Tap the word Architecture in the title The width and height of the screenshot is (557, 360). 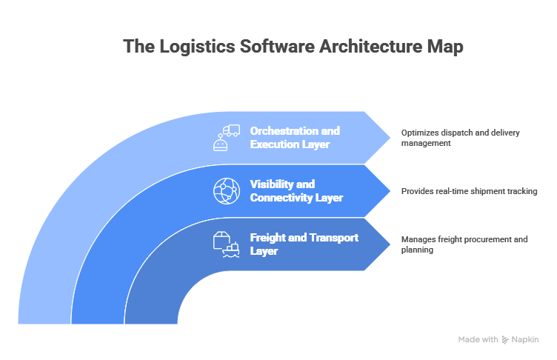coord(367,46)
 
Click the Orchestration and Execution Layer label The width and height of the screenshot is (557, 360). coord(295,137)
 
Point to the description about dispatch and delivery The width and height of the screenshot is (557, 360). coord(460,137)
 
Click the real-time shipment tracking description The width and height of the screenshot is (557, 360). coord(469,190)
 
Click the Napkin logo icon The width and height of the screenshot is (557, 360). coord(505,339)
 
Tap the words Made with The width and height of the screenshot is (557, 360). coord(478,339)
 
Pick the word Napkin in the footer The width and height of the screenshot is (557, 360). coord(524,339)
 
